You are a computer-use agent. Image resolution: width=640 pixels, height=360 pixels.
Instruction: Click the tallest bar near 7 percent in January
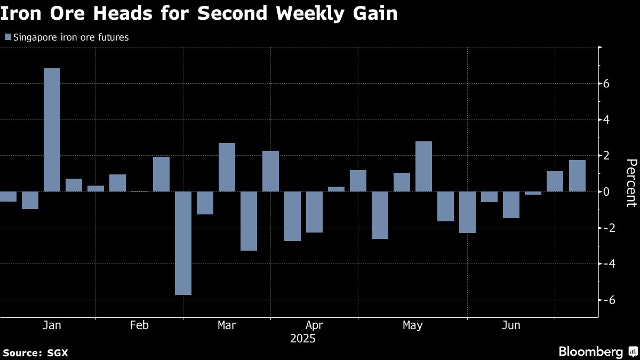tap(52, 130)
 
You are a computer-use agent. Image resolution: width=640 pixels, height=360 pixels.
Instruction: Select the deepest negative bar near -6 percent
tap(183, 243)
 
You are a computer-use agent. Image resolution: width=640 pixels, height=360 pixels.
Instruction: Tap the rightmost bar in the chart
tap(577, 175)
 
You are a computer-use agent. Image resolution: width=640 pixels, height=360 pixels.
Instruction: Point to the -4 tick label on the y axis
tap(605, 263)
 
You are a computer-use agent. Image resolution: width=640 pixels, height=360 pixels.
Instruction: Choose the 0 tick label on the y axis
tap(607, 191)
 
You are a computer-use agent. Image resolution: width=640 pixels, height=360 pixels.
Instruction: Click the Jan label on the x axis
tap(51, 325)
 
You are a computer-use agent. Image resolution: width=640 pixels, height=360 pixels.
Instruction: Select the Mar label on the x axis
tap(227, 325)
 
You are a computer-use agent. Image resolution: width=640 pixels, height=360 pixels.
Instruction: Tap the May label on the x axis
tap(412, 325)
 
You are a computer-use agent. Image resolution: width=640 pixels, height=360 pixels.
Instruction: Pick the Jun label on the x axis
tap(511, 325)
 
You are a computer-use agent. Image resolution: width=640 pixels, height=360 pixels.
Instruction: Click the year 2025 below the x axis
tap(302, 339)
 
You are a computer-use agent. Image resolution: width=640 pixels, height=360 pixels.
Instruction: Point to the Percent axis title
tap(631, 182)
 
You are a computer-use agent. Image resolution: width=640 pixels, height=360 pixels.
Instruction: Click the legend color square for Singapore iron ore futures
tap(7, 37)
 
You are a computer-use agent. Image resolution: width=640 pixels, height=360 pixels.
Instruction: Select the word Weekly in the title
tap(313, 14)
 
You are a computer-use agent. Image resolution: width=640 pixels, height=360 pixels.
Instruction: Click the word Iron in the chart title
tap(21, 14)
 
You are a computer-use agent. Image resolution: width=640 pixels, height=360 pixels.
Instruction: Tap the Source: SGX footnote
tap(35, 353)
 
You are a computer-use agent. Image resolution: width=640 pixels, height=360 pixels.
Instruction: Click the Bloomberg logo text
tap(590, 352)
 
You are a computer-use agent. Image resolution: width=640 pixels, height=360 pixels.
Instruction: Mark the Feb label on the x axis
tap(139, 325)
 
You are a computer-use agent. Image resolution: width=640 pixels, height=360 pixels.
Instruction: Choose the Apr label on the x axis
tap(314, 325)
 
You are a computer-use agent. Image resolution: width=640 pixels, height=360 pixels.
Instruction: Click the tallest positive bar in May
tap(423, 166)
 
